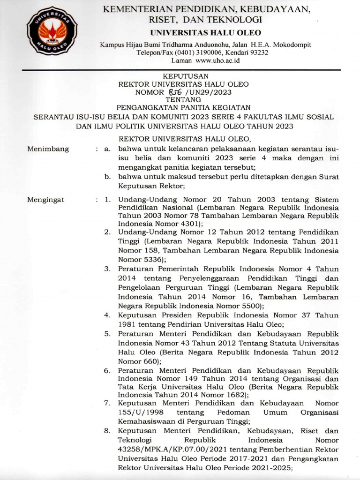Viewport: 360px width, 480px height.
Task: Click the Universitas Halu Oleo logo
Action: [x=52, y=33]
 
